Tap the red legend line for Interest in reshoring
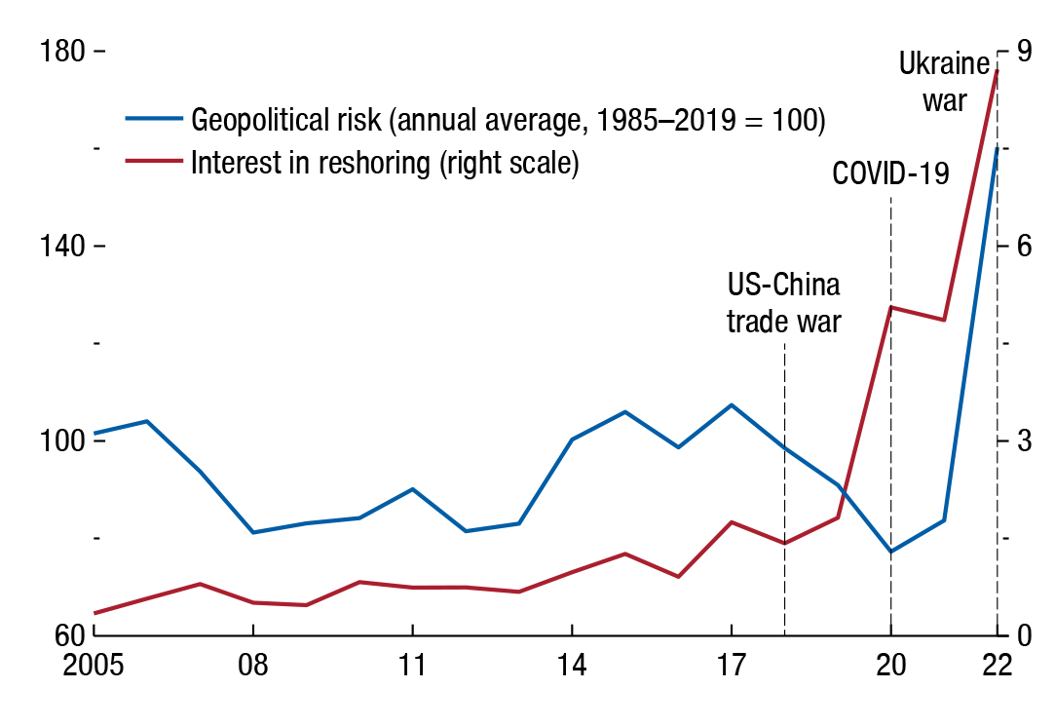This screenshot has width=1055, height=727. (154, 161)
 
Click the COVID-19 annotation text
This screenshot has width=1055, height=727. (890, 174)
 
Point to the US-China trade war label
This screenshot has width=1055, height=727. (784, 303)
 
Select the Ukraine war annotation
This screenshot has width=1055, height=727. (944, 82)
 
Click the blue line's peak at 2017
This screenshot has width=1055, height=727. (731, 404)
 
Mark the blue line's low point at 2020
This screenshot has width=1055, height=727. (890, 552)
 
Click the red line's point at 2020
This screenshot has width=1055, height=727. (890, 307)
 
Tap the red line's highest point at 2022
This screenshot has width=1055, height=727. (997, 70)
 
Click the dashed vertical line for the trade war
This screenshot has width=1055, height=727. (784, 487)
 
